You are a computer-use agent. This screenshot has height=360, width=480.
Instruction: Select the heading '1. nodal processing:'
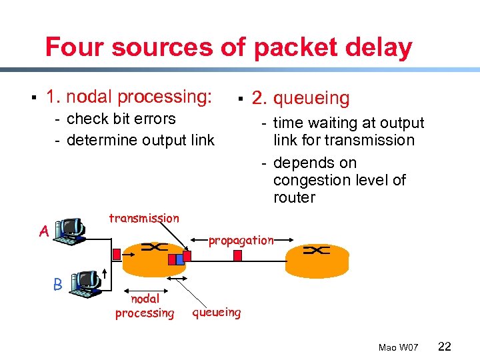coord(129,97)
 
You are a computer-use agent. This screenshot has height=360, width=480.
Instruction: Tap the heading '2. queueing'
coord(300,99)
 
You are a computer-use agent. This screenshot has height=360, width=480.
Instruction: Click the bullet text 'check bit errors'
coord(121,119)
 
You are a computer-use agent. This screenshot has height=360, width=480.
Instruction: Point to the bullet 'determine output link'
coord(141,141)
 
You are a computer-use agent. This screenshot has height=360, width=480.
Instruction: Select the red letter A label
coord(43,231)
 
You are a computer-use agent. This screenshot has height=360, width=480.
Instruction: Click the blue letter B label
coord(58,284)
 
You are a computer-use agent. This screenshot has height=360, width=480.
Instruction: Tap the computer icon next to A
coord(69,231)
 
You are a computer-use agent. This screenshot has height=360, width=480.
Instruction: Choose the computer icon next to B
coord(85,283)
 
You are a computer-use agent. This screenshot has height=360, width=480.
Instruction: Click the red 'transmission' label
coord(143,218)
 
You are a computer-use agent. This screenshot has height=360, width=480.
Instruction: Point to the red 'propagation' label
coord(241,241)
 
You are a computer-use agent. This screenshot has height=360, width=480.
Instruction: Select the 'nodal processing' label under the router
coord(145,306)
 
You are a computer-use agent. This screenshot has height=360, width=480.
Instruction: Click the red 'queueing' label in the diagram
coord(217,312)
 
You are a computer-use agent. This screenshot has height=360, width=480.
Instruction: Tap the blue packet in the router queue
coord(171,259)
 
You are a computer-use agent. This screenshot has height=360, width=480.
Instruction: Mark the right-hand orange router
coord(317,257)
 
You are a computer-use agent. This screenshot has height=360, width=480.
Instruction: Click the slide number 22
coord(445,346)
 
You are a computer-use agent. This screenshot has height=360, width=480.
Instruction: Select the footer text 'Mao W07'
coord(398,347)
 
